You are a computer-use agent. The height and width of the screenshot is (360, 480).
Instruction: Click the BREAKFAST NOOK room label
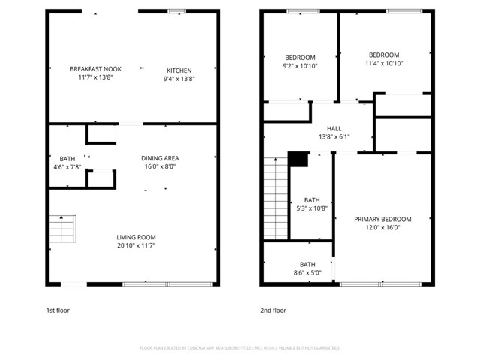(95, 68)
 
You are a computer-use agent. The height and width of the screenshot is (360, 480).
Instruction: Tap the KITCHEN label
(179, 70)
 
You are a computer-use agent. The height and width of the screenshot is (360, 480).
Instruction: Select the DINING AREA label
(160, 158)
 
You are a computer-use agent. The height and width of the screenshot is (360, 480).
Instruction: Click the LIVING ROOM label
(136, 236)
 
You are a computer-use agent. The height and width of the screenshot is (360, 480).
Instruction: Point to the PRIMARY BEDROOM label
(382, 219)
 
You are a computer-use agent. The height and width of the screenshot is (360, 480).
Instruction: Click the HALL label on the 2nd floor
(334, 128)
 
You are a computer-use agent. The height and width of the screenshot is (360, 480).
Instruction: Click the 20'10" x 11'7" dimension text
(136, 244)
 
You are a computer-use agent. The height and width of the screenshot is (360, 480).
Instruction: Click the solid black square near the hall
(298, 160)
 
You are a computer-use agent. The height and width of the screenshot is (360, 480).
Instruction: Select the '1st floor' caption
(58, 309)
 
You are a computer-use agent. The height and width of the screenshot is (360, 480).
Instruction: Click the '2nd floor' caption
(273, 309)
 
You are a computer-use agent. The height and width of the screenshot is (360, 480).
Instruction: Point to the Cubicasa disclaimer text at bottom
(240, 347)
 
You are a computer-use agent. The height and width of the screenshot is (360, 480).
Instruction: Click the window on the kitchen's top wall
(177, 11)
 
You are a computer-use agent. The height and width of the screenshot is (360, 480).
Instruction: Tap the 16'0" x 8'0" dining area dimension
(160, 166)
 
